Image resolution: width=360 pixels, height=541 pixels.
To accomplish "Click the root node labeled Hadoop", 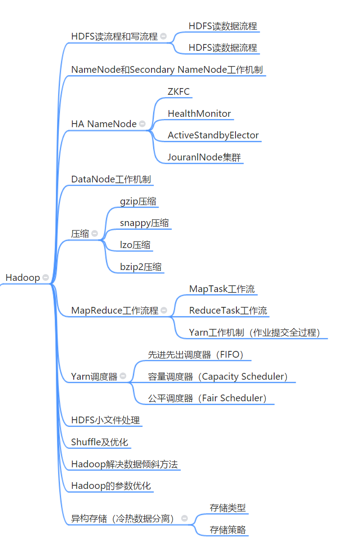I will pos(22,278).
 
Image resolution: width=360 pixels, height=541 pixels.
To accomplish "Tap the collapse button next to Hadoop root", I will pos(45,278).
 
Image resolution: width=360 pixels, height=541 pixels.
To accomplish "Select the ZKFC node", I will pos(178,92).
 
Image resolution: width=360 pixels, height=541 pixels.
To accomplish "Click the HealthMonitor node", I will pos(199,114).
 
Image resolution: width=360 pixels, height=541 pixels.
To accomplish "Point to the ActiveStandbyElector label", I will pos(213,135).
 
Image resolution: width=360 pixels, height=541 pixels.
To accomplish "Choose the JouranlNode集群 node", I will pos(204,157).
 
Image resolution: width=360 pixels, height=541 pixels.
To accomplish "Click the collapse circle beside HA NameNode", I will pos(142,124).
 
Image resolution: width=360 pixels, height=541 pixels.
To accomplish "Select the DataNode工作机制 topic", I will pos(111,179).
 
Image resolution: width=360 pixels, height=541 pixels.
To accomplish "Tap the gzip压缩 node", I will pos(138,201).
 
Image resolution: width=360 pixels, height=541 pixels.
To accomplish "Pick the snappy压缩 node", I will pos(144,223).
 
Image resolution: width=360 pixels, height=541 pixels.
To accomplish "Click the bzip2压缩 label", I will pos(141,267).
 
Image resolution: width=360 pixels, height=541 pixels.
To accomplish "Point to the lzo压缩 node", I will pos(135,245).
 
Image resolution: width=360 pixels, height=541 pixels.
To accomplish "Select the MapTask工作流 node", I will pos(222,289).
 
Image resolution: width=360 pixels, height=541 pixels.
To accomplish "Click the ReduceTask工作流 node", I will pos(228,310).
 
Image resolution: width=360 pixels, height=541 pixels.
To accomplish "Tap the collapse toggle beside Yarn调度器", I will pos(123,376).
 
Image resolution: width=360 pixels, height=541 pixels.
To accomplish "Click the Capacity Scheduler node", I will pos(218,377).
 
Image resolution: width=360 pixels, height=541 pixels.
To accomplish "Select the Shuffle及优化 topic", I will pos(100,442).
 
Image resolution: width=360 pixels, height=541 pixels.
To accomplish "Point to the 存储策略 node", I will pos(228,530).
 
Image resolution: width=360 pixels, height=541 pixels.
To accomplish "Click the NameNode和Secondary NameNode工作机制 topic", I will pos(167,70).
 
